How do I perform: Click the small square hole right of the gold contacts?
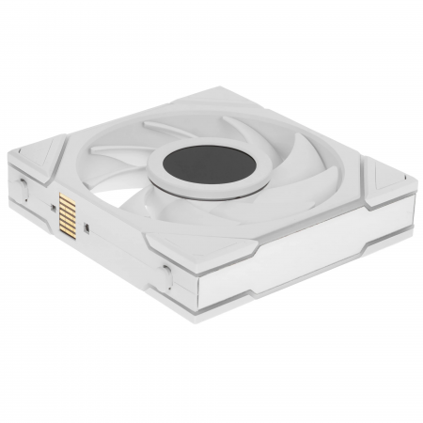pos(87,226)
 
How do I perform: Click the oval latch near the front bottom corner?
pos(168,277)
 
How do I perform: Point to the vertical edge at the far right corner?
pos(405,202)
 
